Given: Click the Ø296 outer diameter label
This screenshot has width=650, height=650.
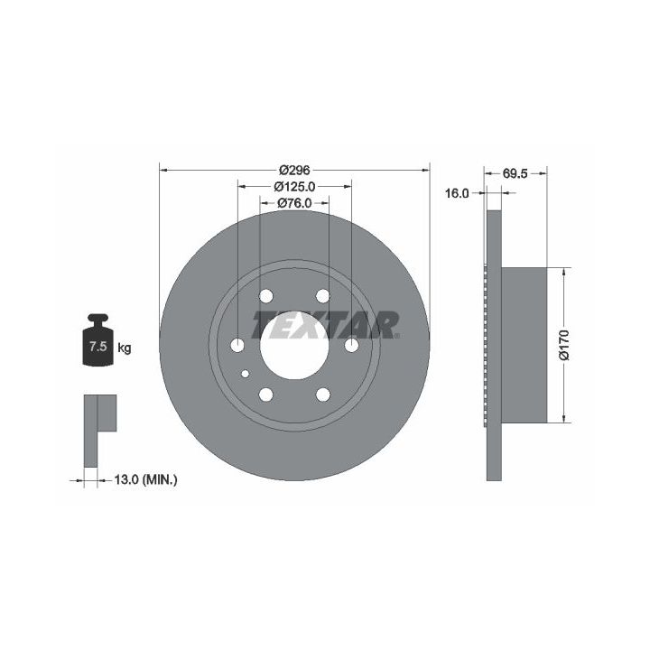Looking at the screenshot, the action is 294,170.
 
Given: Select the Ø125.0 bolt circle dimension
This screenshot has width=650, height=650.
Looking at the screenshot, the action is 294,187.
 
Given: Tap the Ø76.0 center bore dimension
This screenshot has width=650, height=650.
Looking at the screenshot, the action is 294,203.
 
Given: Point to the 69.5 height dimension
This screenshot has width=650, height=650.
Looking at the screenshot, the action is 515,173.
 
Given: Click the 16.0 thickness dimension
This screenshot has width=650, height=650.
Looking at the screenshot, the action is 457,193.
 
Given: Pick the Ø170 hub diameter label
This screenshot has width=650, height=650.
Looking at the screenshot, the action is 564,345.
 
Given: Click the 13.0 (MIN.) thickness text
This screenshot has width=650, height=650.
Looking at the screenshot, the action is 145,480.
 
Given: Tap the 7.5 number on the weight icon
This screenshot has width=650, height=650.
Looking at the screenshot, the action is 98,346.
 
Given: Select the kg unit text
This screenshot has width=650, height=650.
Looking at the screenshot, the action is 125,348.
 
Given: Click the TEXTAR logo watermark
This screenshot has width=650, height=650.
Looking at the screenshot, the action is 326,325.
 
